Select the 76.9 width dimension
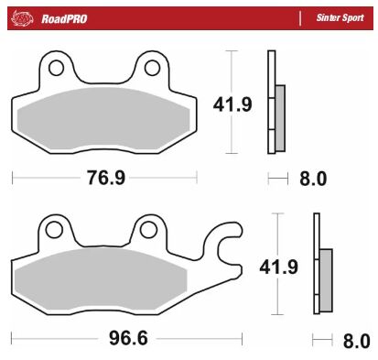click(105, 178)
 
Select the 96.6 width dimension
click(117, 338)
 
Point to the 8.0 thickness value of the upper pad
click(313, 178)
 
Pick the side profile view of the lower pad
click(319, 266)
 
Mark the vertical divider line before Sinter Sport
click(299, 16)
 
